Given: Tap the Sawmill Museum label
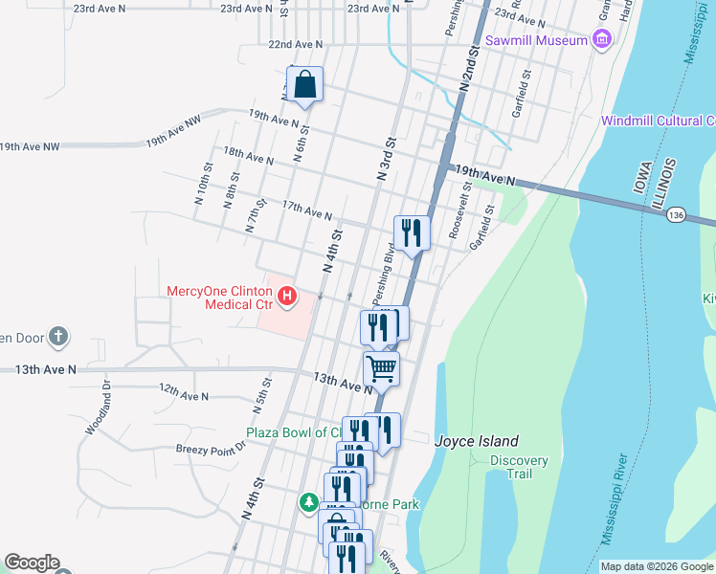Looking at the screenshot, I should (x=535, y=40).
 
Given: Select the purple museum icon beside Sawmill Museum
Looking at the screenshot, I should (x=601, y=39).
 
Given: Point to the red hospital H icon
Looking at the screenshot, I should (x=286, y=299).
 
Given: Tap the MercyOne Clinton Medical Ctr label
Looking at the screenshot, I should (x=220, y=298).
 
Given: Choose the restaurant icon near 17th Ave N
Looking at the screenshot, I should (x=412, y=232).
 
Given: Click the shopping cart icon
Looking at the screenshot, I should (x=381, y=368).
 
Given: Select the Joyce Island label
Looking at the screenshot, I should (x=477, y=441).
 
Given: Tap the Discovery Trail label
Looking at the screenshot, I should (x=519, y=468).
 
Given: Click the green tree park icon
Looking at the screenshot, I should (x=308, y=501).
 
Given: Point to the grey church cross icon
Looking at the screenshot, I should (x=58, y=336).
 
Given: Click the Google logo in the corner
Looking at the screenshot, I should (x=32, y=563).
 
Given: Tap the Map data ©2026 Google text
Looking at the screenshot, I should (x=657, y=566).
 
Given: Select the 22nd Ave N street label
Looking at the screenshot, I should (x=296, y=44).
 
